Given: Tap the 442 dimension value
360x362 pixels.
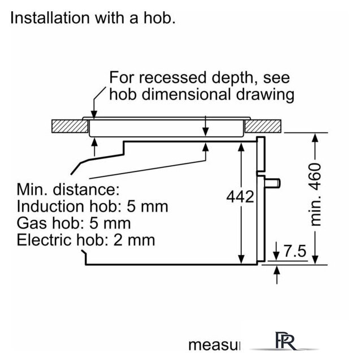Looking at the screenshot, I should (240, 197).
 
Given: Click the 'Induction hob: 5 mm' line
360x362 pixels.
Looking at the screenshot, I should (93, 206).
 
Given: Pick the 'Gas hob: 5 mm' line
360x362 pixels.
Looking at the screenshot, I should (74, 223).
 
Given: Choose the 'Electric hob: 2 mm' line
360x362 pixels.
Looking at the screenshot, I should (86, 240).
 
